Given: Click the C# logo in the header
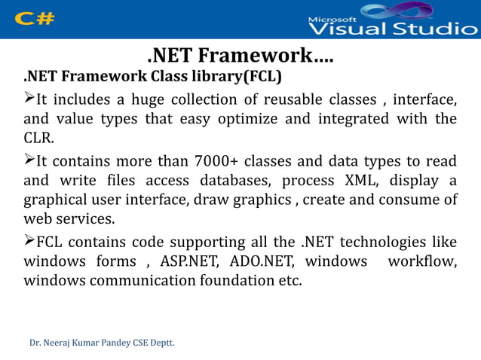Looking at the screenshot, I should pyautogui.click(x=34, y=19).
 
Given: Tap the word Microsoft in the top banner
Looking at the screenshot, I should pyautogui.click(x=334, y=17).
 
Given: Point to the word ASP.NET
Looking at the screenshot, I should pyautogui.click(x=188, y=261).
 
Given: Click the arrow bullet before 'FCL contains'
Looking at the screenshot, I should pyautogui.click(x=29, y=241).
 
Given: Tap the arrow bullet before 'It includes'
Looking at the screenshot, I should pyautogui.click(x=29, y=99).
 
